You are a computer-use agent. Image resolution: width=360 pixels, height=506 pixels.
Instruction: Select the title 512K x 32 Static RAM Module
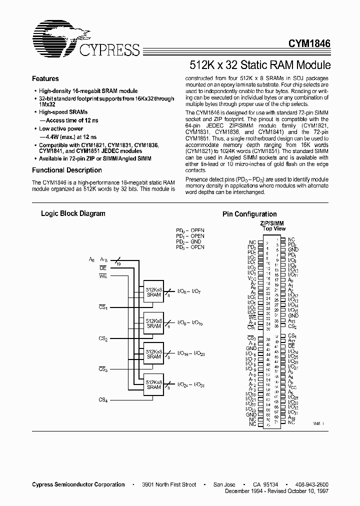259,65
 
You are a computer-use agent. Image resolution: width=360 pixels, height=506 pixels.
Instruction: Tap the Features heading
45,79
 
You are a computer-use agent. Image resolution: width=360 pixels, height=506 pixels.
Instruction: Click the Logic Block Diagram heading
73,213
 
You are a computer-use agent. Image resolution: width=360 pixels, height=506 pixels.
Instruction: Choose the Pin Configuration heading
249,214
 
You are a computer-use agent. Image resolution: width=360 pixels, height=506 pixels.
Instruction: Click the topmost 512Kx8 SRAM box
153,292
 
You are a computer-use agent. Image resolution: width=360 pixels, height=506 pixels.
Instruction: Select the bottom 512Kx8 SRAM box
153,384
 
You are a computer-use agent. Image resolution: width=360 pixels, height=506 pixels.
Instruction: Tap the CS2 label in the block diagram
103,338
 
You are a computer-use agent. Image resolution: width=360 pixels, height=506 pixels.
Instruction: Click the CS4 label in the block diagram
103,399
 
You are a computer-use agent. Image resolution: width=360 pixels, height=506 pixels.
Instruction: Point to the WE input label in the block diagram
103,275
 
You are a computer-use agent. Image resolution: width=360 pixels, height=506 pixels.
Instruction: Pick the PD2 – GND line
190,242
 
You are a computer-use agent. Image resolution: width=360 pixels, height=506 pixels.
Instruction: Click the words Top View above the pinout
274,229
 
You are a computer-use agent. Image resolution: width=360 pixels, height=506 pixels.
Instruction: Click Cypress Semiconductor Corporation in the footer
78,484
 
